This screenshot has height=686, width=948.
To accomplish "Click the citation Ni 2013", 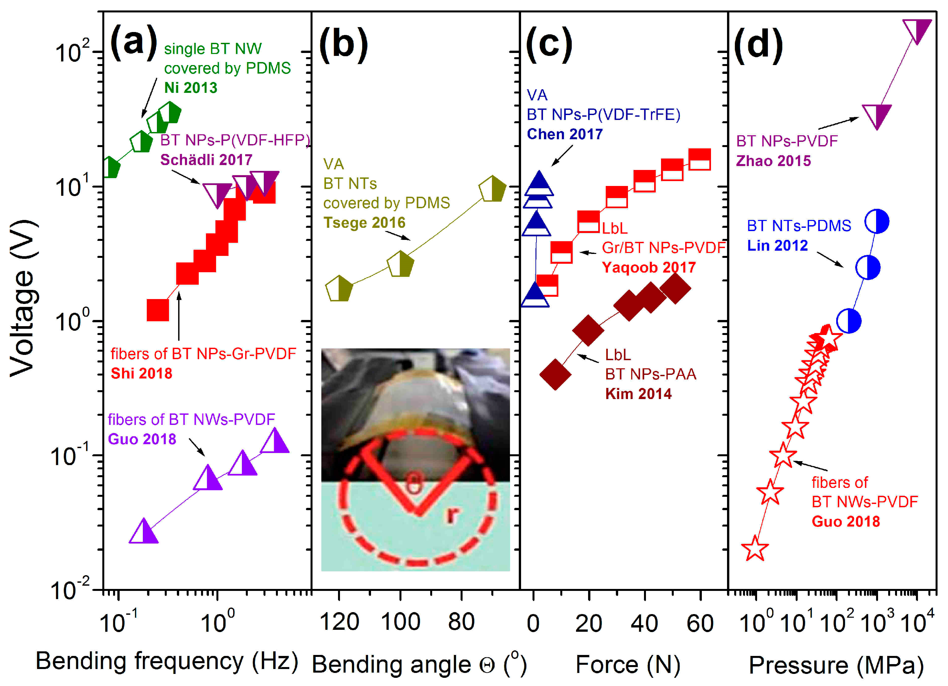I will [191, 88].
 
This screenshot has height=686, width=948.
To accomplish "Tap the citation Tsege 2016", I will [364, 222].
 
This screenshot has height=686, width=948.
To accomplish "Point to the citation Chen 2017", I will [564, 134].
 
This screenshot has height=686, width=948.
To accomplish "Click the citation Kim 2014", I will [638, 393].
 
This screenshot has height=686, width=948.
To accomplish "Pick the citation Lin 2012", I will [777, 245].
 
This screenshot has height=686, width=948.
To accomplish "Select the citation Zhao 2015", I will [773, 161].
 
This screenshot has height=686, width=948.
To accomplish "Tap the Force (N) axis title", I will [628, 664].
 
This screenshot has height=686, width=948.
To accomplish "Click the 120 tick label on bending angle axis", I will [339, 622].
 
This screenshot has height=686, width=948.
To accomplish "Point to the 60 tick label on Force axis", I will [700, 623].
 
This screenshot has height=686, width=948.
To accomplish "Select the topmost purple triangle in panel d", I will [917, 30].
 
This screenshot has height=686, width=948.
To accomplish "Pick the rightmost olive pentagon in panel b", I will [492, 189].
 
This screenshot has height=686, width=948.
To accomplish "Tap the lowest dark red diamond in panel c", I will [555, 374].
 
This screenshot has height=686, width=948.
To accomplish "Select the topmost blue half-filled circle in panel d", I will [876, 222].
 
